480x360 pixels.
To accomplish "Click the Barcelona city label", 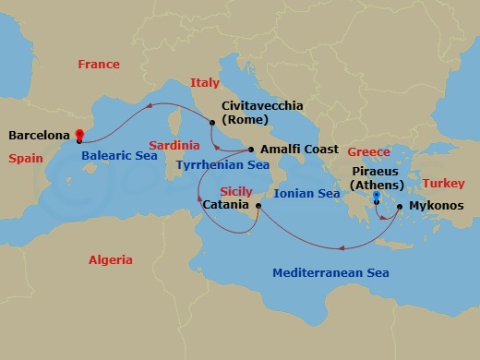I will click(39, 135).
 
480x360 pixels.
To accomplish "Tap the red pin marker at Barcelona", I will click(78, 134).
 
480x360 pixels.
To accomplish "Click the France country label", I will click(99, 65).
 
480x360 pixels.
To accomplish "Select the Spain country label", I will click(26, 159).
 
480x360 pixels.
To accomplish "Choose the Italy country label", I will click(205, 83).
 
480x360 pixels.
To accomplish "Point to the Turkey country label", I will click(443, 184).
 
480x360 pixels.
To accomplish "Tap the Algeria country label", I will click(111, 260).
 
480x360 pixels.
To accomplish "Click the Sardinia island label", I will click(174, 146).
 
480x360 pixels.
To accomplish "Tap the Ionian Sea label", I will click(307, 195).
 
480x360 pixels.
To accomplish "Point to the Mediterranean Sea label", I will click(330, 273).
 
